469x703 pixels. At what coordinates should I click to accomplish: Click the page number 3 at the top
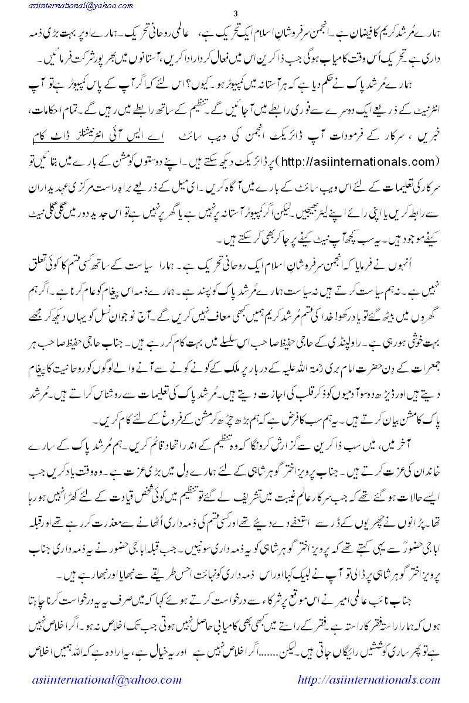tap(235, 13)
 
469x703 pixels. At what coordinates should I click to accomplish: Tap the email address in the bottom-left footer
tap(106, 680)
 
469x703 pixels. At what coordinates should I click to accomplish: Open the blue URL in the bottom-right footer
tap(369, 680)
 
